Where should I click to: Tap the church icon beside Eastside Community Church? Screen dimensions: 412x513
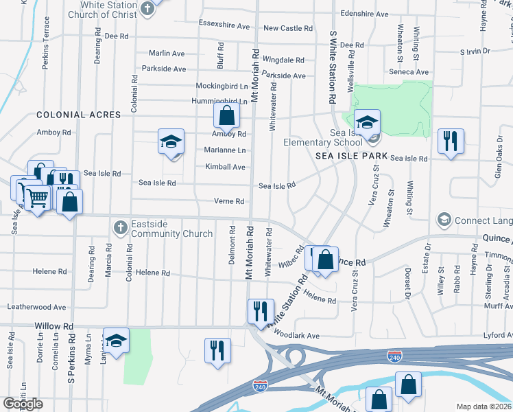click(x=120, y=227)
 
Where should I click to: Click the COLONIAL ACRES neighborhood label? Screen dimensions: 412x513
click(x=79, y=115)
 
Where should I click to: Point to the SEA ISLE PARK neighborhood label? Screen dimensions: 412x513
click(x=351, y=157)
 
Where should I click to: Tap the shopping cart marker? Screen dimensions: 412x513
click(x=38, y=198)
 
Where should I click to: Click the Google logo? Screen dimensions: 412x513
click(x=23, y=404)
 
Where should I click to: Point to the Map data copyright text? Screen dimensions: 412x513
click(x=484, y=407)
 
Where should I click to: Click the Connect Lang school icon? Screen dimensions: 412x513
click(x=443, y=220)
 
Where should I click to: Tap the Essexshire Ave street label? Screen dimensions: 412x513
click(x=224, y=26)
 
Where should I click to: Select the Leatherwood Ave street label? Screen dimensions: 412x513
click(x=36, y=307)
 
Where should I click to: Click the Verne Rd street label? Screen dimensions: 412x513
click(x=229, y=201)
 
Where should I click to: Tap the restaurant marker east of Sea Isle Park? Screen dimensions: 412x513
click(x=451, y=141)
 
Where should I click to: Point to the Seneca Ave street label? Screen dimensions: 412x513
click(x=411, y=72)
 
